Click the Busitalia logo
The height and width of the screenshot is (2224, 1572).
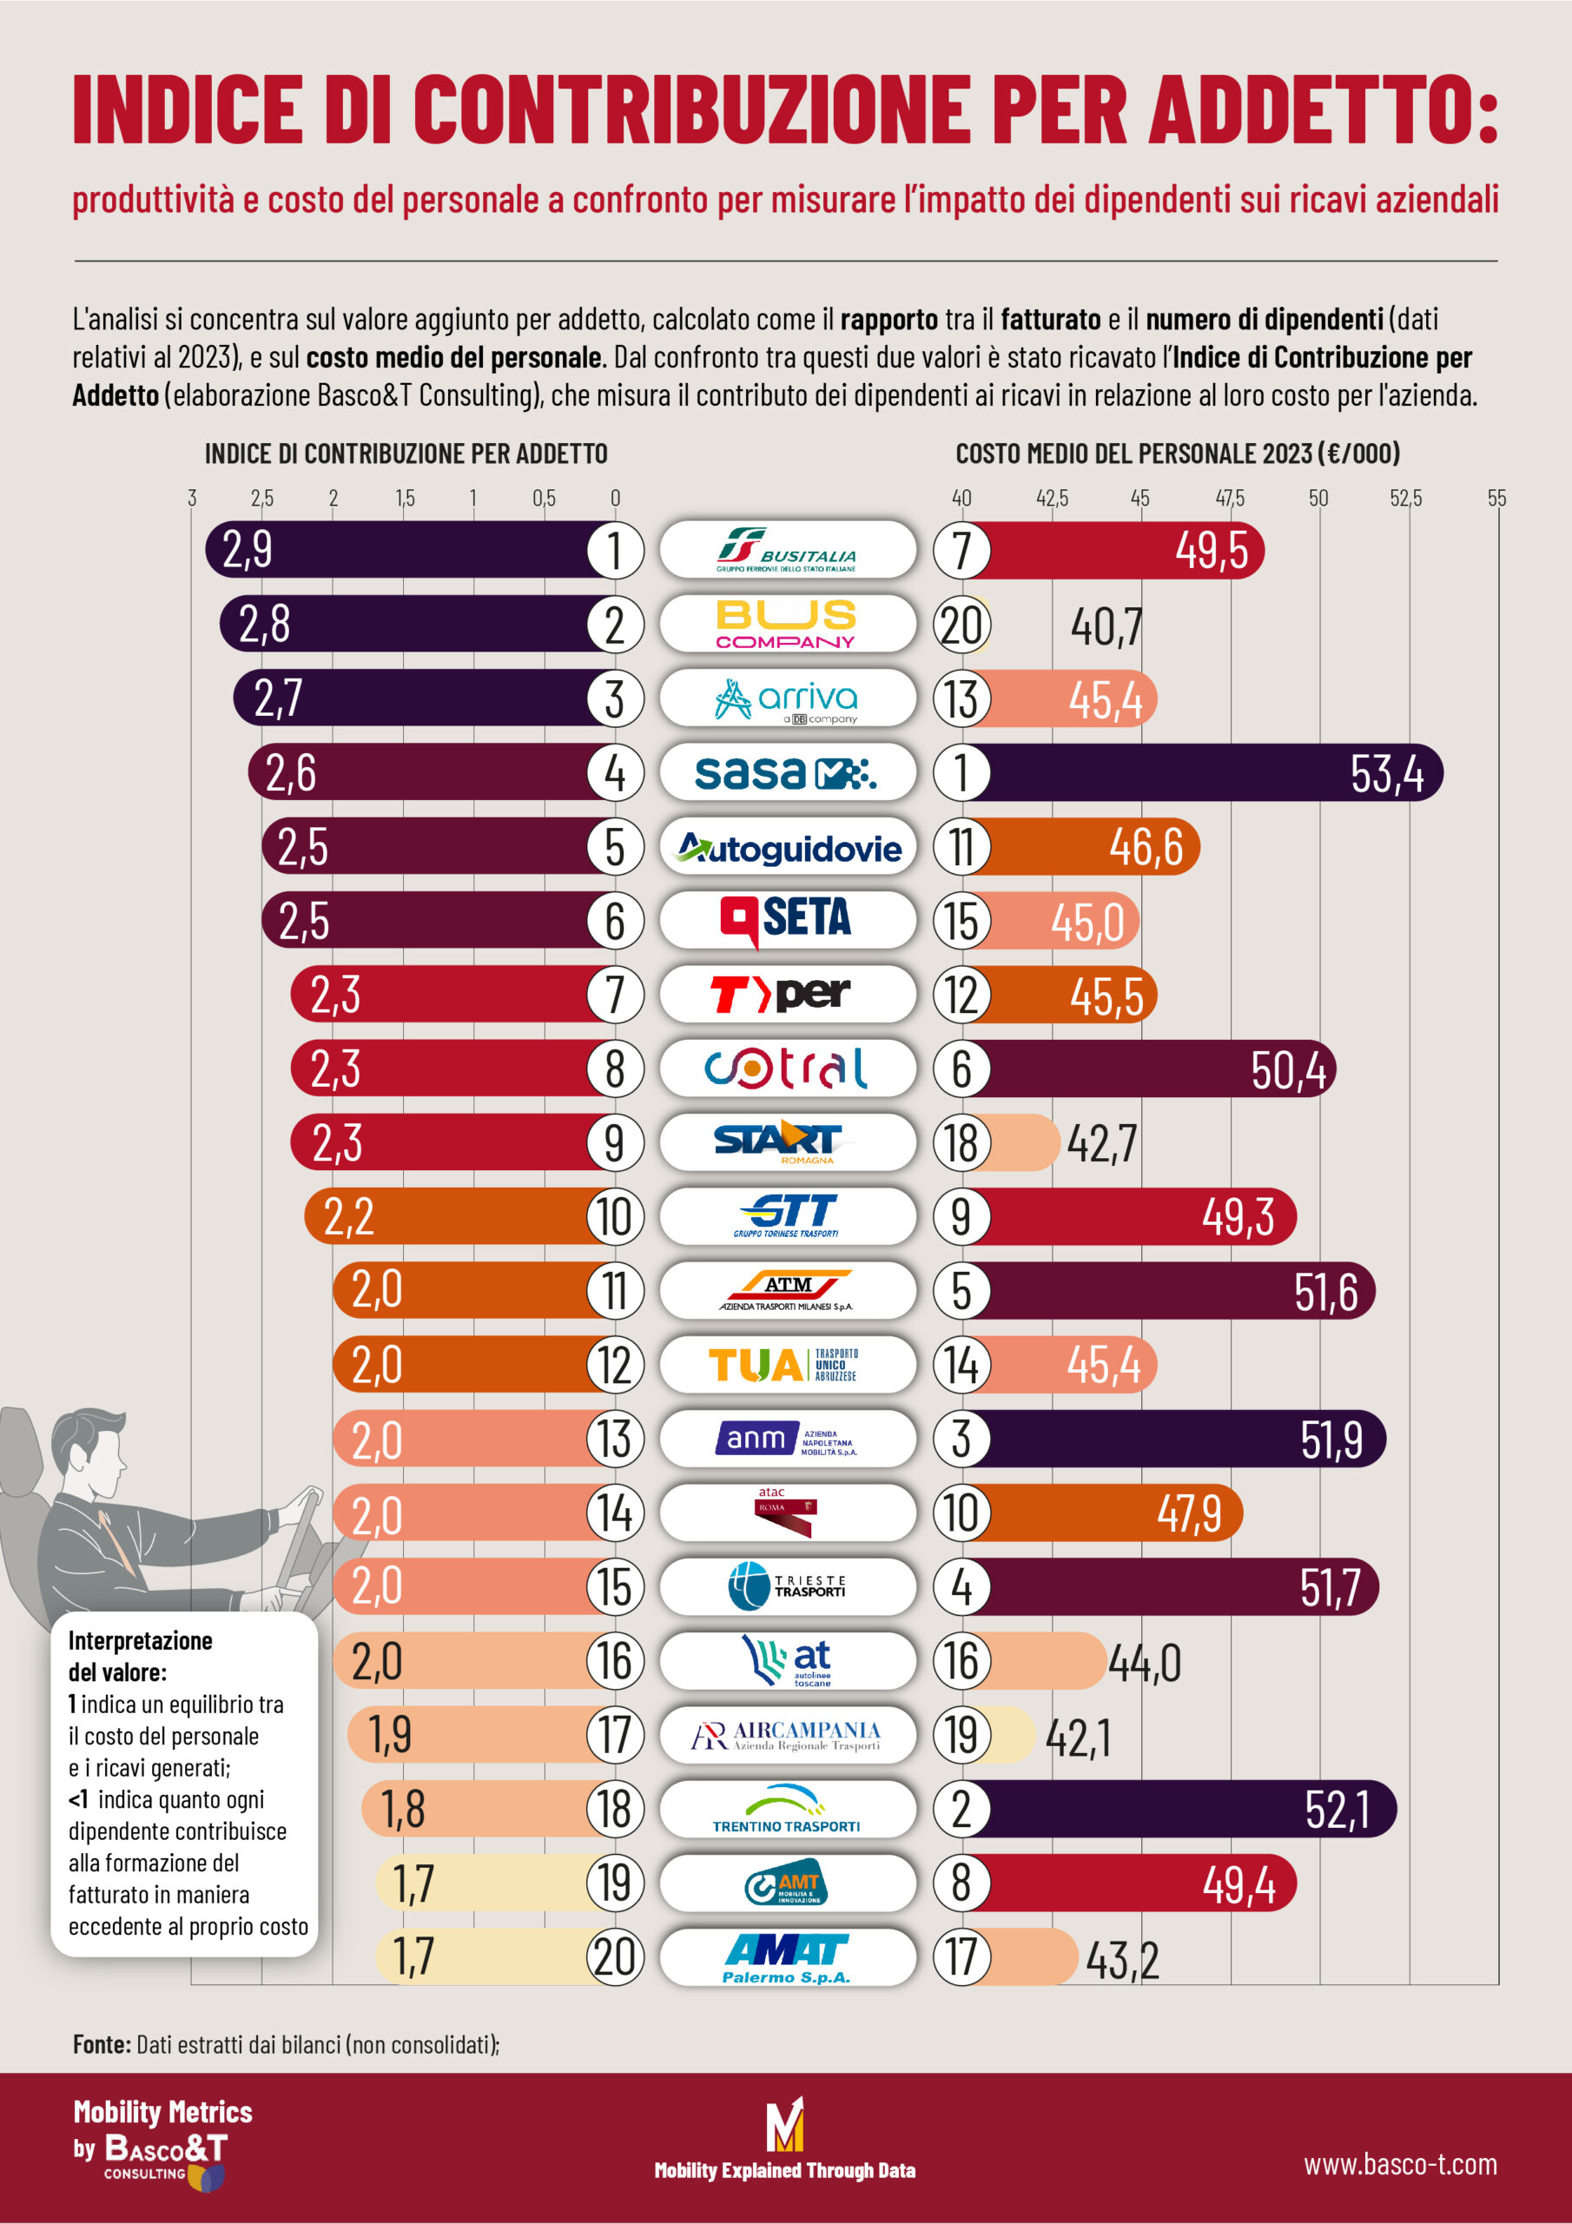tap(787, 549)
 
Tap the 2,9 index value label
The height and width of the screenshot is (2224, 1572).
tap(248, 550)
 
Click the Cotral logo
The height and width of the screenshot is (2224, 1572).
tap(787, 1069)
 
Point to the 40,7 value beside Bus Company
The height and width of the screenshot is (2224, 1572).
tap(1106, 626)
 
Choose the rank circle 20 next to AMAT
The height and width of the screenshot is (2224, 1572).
tap(614, 1956)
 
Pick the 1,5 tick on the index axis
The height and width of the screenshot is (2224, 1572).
tap(404, 498)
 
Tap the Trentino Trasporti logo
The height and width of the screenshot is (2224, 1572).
tap(787, 1809)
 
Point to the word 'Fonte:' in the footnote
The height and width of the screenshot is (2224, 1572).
tap(102, 2045)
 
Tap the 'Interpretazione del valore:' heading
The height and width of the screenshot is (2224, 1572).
tap(140, 1656)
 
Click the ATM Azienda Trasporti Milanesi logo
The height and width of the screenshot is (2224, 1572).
tap(787, 1290)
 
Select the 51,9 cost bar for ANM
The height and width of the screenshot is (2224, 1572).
tap(1182, 1439)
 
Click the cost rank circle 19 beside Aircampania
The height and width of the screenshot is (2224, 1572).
tap(961, 1735)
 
